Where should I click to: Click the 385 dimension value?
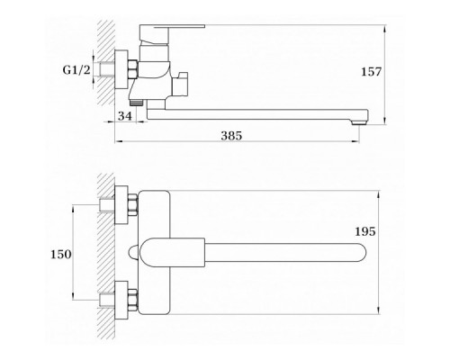(231, 136)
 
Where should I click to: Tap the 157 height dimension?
(371, 72)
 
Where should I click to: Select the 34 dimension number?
(125, 116)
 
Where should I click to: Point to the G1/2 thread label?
(76, 70)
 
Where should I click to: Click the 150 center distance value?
(61, 255)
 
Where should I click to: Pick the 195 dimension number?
(365, 231)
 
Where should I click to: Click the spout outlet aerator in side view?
(359, 121)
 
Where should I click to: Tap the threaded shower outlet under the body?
(137, 103)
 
